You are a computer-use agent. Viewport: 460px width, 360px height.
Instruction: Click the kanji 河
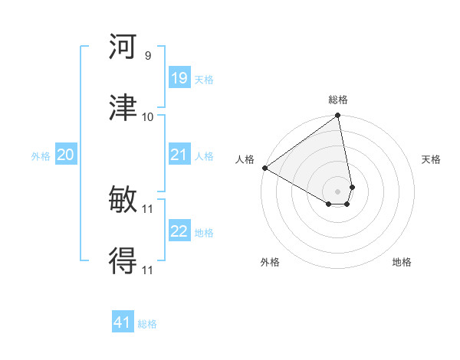tap(123, 47)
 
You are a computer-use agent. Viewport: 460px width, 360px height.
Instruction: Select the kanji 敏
tap(123, 201)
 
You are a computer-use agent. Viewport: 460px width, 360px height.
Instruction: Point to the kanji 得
tap(123, 261)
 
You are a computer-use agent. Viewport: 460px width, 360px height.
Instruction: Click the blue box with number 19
tap(179, 78)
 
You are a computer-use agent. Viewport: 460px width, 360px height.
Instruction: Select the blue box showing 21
tap(179, 155)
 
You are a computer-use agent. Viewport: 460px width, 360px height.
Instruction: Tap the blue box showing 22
tap(179, 231)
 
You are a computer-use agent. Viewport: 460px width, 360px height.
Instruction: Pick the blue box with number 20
tap(65, 155)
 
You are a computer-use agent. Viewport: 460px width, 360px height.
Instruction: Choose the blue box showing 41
tap(123, 322)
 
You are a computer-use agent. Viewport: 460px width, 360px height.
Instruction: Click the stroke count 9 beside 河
tap(147, 56)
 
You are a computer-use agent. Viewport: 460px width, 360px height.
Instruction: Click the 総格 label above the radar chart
tap(338, 100)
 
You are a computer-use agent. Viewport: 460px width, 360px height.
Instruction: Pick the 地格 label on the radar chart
tap(402, 262)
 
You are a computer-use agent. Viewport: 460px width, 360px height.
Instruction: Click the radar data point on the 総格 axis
tap(338, 116)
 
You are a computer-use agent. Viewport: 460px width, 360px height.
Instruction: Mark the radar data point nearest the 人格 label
tap(264, 168)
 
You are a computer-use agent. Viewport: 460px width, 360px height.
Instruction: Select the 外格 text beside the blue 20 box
tap(41, 155)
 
